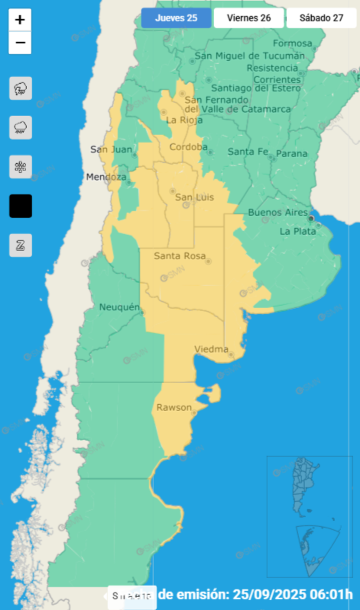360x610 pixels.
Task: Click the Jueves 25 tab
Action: [176, 18]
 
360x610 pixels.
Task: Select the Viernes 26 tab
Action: [249, 18]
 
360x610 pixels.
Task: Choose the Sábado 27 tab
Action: [321, 18]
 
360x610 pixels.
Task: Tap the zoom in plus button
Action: [20, 20]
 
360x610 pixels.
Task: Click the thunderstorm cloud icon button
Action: [20, 88]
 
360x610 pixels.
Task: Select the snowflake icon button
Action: [20, 167]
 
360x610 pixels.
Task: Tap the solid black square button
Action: [20, 206]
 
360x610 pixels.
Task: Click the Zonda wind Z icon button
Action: [20, 245]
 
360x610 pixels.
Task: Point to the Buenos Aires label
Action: [278, 212]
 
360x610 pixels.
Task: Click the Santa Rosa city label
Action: [180, 256]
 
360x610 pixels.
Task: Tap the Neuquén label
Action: [119, 307]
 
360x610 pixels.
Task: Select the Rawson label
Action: [174, 408]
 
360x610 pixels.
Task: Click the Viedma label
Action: [211, 349]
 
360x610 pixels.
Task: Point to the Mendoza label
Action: [106, 177]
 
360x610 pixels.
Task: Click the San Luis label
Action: [194, 197]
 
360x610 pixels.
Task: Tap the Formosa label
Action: [292, 43]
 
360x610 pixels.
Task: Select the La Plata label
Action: [298, 232]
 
